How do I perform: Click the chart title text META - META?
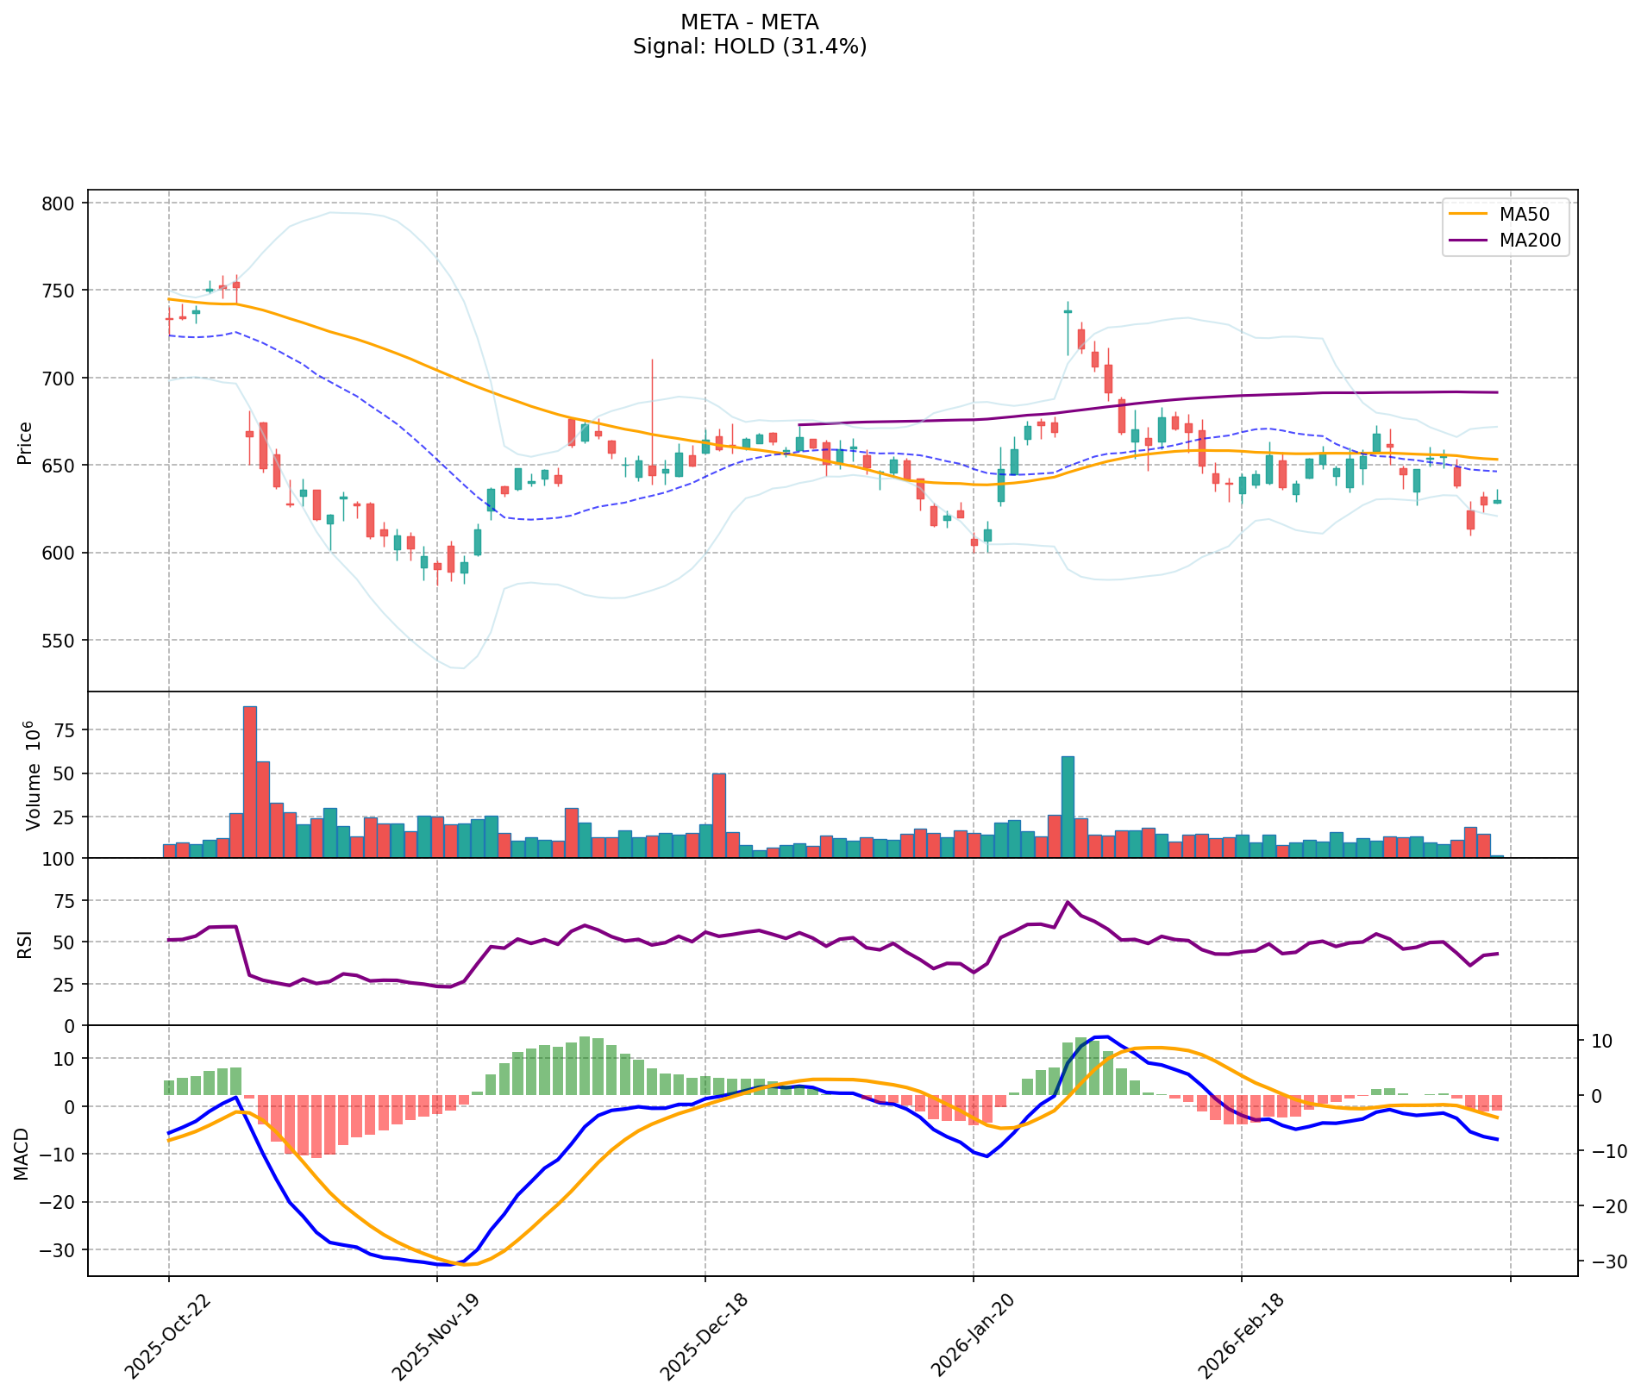tap(749, 22)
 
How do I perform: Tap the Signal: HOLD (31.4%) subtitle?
tap(749, 47)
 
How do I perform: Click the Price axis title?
tap(25, 442)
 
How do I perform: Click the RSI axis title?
tap(25, 942)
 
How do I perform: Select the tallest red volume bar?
tap(250, 781)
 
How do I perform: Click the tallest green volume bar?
tap(1068, 806)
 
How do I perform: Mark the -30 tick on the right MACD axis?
tap(1607, 1262)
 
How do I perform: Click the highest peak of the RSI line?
tap(1068, 902)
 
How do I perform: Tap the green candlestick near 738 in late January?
tap(1068, 311)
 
